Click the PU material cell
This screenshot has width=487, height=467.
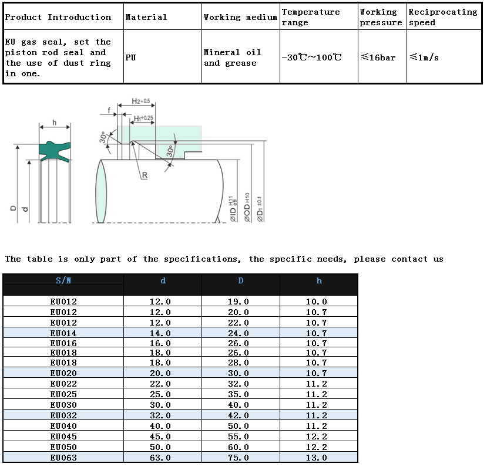click(x=130, y=57)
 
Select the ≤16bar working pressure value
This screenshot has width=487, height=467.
click(x=378, y=57)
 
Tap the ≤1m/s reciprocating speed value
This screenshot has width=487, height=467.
click(x=424, y=57)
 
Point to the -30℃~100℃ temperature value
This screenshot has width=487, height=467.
click(x=311, y=57)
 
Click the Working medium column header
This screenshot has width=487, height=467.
click(x=240, y=17)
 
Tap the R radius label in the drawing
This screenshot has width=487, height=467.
click(x=144, y=175)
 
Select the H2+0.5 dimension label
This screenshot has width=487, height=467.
click(x=141, y=101)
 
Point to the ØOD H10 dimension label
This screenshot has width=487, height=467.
click(x=247, y=207)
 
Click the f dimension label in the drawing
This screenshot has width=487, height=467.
click(x=109, y=110)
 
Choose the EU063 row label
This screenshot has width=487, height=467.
click(x=63, y=458)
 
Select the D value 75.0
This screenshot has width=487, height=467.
click(x=240, y=458)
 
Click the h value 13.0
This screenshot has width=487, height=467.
click(x=318, y=458)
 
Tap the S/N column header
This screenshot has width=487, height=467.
click(x=63, y=280)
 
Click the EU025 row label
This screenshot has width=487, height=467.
click(x=63, y=394)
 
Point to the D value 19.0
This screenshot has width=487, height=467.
click(x=240, y=302)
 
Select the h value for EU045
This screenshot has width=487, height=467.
click(x=318, y=436)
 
